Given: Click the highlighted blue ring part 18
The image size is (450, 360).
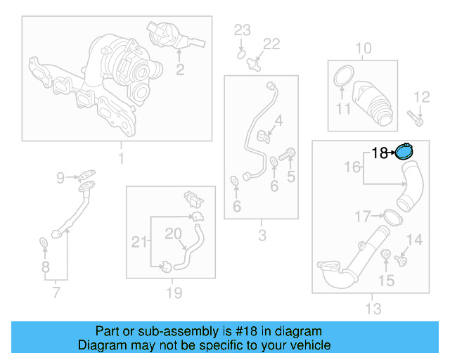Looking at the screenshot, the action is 405,150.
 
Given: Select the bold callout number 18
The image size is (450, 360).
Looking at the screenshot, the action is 379,153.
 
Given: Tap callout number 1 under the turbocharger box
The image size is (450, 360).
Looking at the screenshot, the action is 120,158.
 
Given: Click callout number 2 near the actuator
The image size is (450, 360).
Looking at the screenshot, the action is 180,69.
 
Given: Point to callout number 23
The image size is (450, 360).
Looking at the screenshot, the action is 242,30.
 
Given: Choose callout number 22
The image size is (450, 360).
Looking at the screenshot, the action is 271,44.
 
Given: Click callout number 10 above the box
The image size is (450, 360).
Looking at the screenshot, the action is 363,49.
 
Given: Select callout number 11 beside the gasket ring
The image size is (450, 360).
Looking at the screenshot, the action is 342,109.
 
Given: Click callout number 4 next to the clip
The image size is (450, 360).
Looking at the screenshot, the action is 278,121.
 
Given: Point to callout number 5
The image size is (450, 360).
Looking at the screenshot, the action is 290,177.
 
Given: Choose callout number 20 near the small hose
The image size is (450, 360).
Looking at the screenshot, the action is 173,233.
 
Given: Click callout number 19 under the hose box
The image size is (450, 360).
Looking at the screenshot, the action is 173,292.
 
